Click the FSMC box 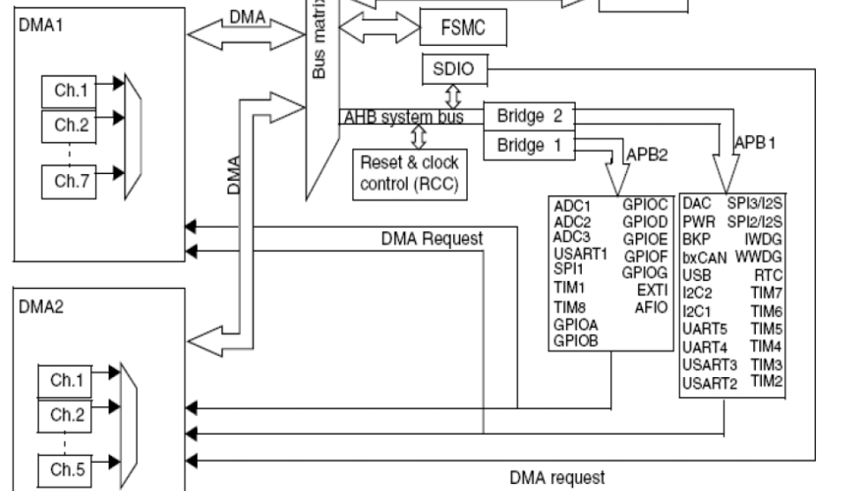[464, 27]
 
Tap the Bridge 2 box [529, 116]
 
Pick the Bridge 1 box [529, 145]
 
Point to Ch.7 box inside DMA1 [68, 182]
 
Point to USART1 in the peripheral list [579, 255]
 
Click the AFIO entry [651, 307]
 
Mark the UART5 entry [705, 329]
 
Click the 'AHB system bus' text [403, 117]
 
